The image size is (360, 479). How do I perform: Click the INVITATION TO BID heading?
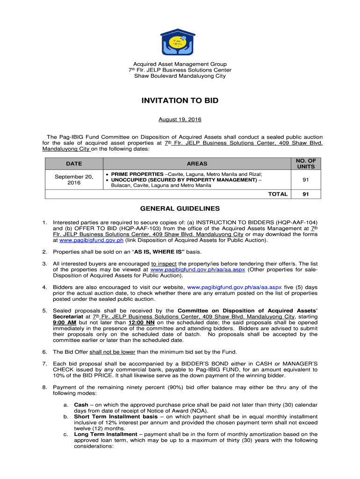[180, 101]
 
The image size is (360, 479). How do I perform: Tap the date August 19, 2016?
[180, 120]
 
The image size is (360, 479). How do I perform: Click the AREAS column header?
[197, 164]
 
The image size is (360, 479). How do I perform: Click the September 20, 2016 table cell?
[74, 180]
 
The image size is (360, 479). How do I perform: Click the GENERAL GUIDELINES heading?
[180, 209]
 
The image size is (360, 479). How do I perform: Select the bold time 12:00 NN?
[141, 323]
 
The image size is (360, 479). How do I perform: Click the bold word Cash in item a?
[81, 405]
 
